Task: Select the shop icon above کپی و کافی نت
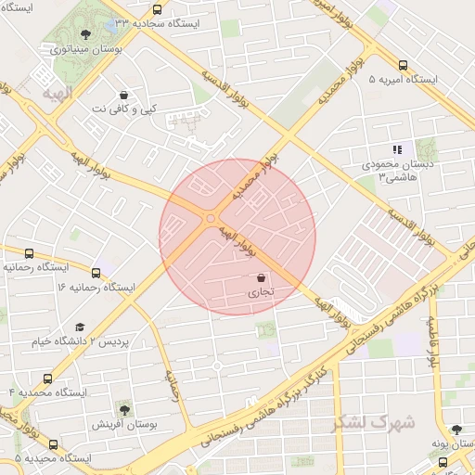123,95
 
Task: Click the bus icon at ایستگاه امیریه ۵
402,65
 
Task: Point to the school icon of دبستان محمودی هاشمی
398,149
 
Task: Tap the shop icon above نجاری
261,277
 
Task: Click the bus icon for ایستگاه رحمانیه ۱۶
29,253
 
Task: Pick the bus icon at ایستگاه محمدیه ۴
47,379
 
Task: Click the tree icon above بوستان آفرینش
123,408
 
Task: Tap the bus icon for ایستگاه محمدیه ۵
53,445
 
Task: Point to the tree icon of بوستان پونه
456,429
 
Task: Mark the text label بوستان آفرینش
123,424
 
